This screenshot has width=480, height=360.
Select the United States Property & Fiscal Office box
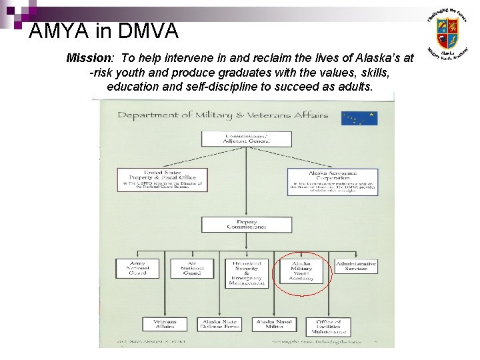[x=162, y=179]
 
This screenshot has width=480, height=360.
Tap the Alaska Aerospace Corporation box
[x=332, y=181]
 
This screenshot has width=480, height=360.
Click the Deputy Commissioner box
[x=247, y=225]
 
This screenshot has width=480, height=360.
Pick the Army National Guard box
[x=138, y=269]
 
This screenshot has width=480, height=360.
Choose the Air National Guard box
[x=191, y=269]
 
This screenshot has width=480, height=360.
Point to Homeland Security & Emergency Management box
[x=247, y=273]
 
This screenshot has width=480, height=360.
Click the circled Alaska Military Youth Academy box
[x=301, y=271]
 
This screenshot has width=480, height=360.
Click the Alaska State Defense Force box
[x=220, y=324]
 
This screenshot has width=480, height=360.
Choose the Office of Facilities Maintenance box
[x=328, y=326]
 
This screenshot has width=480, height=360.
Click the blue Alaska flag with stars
[x=359, y=118]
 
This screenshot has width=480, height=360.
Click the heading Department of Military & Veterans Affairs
[x=223, y=115]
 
